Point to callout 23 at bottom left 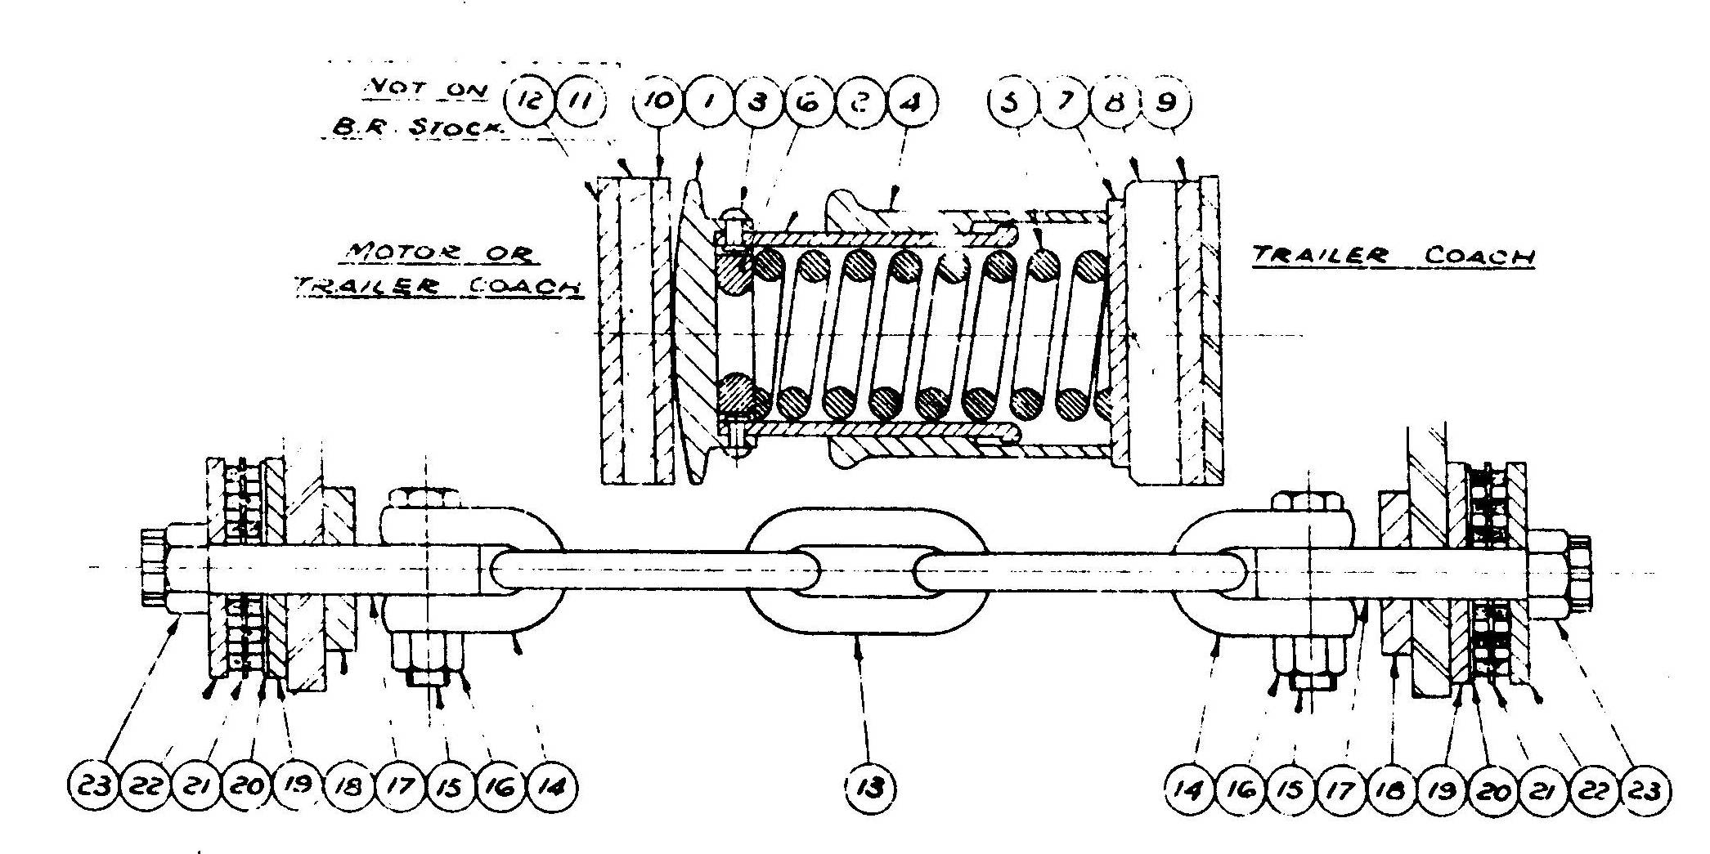92,788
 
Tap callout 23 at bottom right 1645,789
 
